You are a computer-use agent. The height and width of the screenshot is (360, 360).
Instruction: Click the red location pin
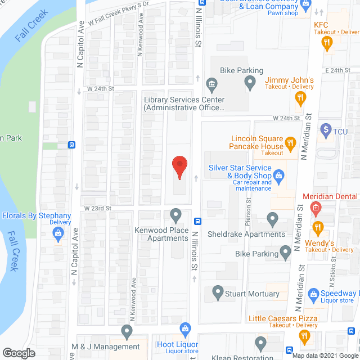(x=179, y=167)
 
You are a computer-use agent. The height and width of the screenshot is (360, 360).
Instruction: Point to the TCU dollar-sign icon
(x=325, y=130)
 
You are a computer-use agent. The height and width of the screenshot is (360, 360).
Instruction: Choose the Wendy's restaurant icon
(x=318, y=228)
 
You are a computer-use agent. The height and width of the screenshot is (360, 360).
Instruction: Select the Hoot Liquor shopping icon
(x=184, y=328)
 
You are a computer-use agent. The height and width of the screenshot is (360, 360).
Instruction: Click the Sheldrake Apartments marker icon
(x=273, y=218)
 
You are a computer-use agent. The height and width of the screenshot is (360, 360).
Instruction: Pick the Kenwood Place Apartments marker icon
(x=175, y=214)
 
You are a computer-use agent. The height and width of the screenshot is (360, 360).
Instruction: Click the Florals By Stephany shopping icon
(x=58, y=236)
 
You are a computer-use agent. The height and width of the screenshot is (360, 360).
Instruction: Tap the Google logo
(x=19, y=353)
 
